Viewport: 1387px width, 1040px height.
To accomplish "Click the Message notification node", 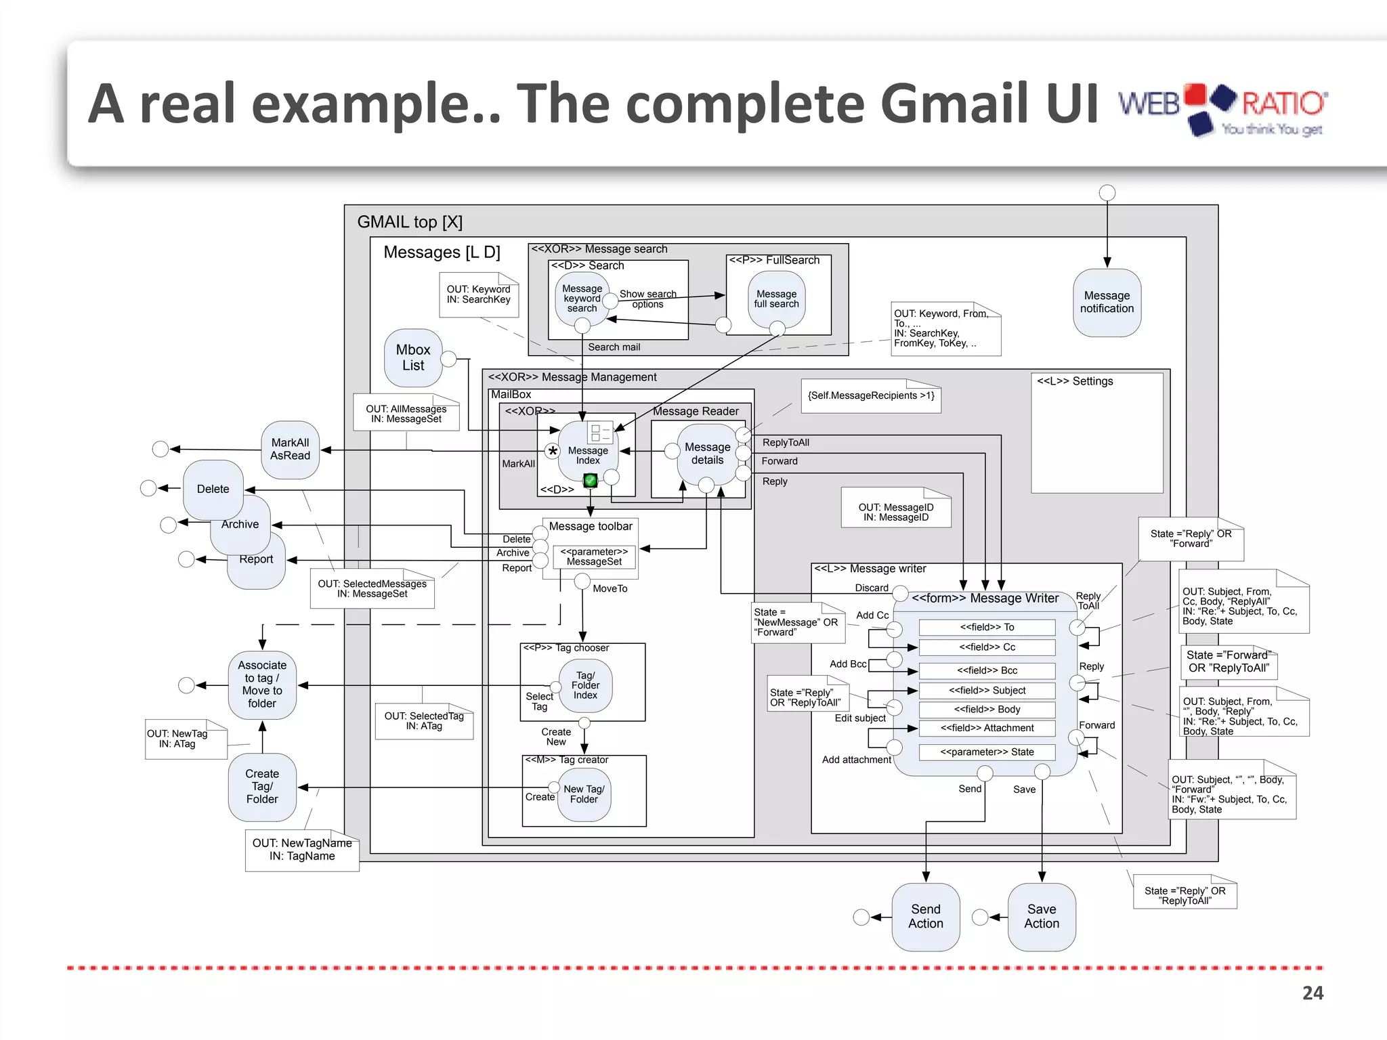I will (1107, 303).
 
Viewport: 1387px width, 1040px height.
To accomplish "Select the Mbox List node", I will (412, 357).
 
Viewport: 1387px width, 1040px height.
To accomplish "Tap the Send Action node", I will (925, 916).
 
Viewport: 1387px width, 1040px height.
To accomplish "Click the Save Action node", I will (1041, 916).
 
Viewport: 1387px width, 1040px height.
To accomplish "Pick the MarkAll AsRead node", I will (290, 449).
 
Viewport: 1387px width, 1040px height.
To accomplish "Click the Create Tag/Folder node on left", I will (262, 786).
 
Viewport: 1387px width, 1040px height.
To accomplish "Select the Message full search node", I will (776, 299).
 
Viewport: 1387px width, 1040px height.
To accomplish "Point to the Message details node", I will (707, 454).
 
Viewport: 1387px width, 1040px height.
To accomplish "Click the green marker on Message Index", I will (590, 481).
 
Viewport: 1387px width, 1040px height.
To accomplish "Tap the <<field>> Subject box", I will (987, 691).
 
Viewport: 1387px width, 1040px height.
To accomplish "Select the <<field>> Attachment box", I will (987, 728).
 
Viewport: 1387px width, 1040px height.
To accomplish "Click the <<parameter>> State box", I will (987, 752).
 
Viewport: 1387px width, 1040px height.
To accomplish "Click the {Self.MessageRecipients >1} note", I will (871, 395).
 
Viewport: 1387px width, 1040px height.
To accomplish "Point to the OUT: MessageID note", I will (895, 512).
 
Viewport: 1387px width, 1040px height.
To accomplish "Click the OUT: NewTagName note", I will (302, 850).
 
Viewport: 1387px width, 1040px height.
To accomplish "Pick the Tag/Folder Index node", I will (585, 685).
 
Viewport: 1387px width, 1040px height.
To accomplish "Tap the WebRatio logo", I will (1222, 108).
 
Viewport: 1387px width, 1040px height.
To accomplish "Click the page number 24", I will (1312, 993).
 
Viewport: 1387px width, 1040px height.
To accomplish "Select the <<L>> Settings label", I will (1075, 381).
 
